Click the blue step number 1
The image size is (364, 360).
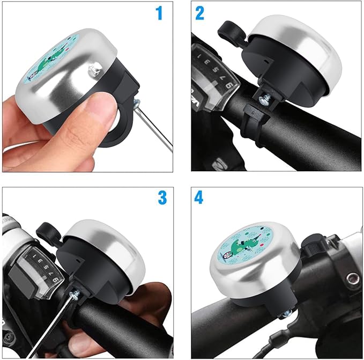coord(159,13)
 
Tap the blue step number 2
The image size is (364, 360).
coord(199,13)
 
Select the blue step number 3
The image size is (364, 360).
coord(162,199)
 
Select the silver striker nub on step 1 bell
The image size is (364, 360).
coord(97,68)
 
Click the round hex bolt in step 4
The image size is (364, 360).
coord(352,278)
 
